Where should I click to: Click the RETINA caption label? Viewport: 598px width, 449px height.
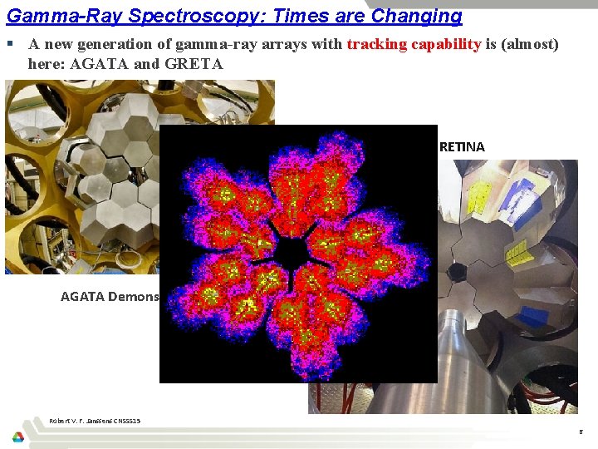click(x=462, y=147)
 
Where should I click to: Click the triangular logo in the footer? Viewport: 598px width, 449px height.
click(x=18, y=437)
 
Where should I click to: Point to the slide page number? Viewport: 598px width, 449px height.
click(x=580, y=432)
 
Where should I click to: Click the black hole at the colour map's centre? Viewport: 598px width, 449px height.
click(x=296, y=249)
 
